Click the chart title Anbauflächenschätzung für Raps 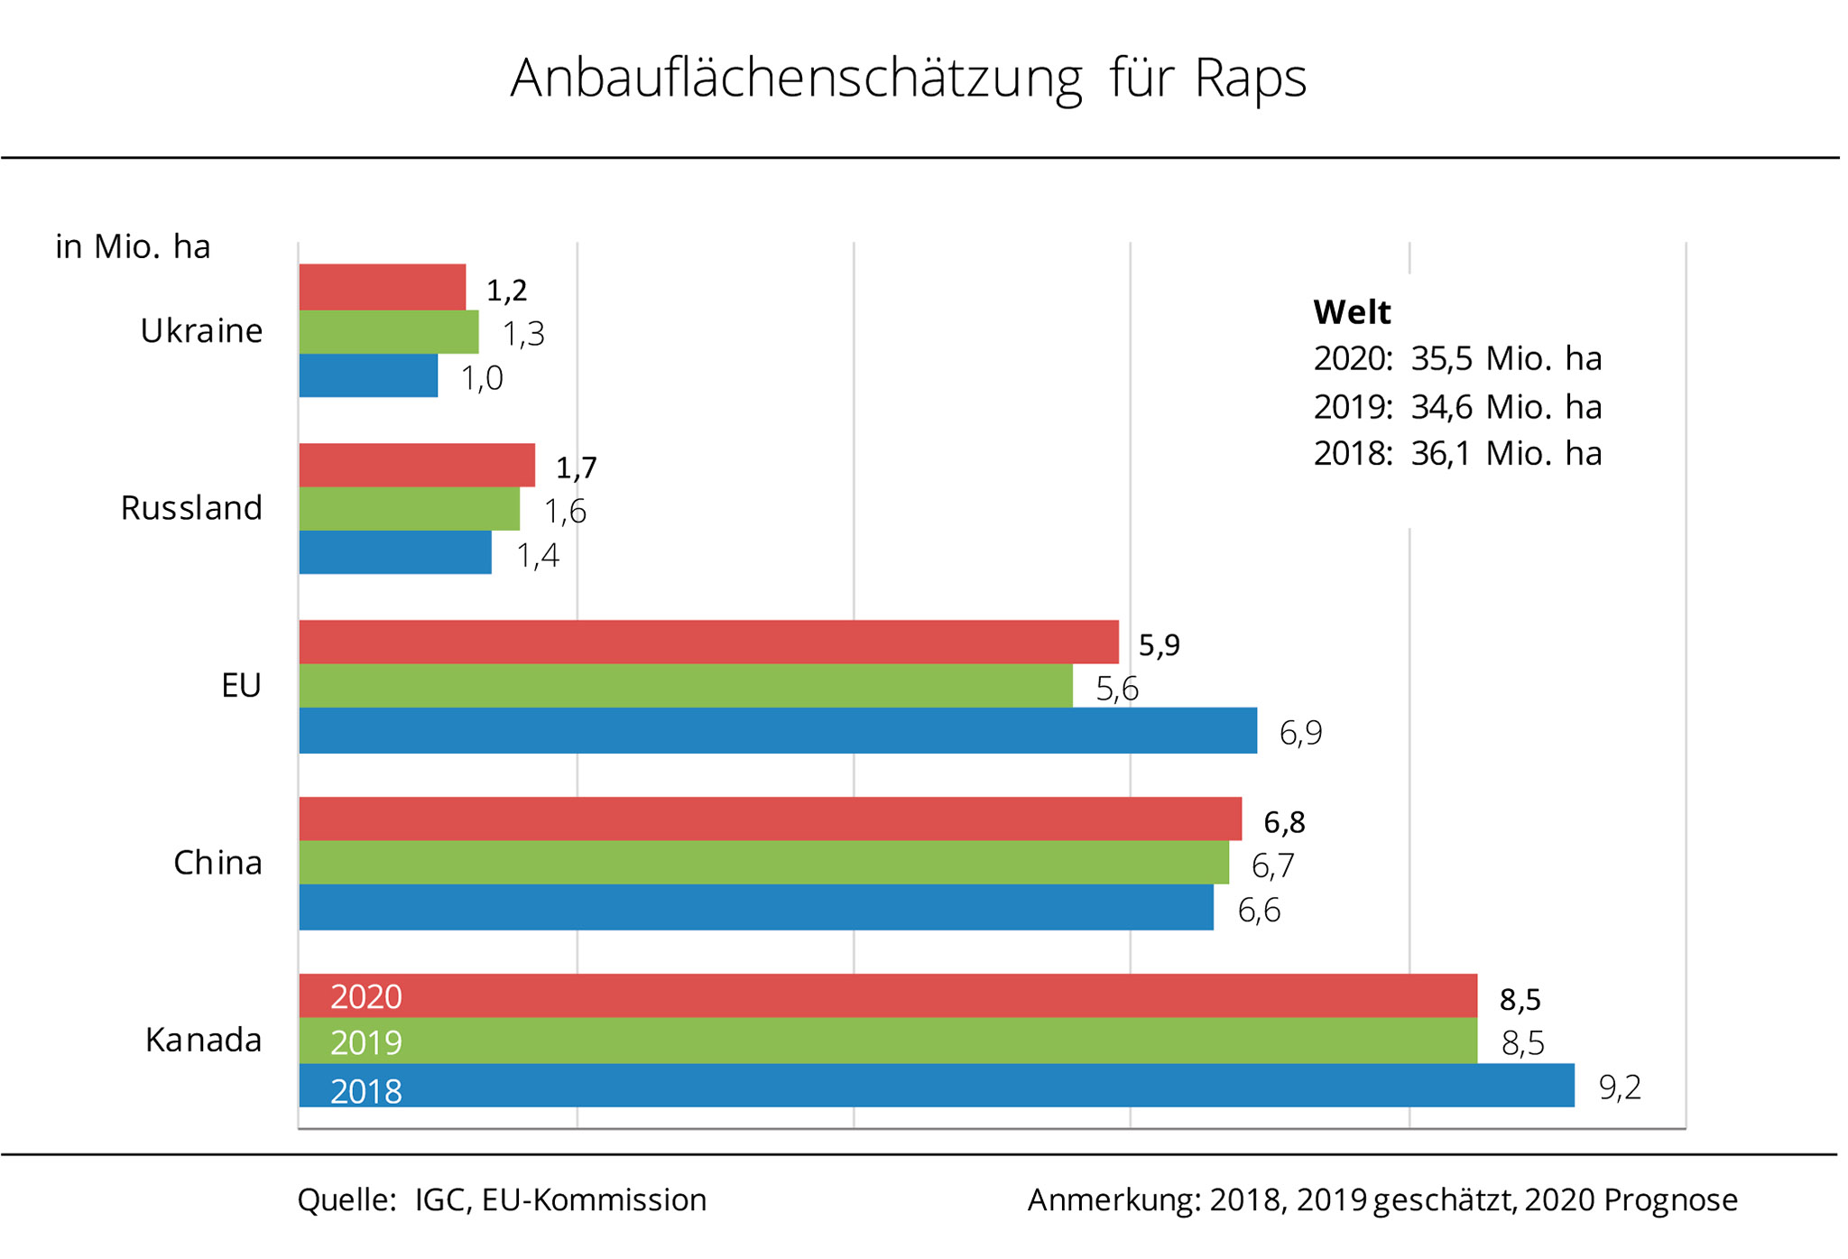(908, 79)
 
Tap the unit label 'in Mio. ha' (133, 246)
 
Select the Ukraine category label (201, 331)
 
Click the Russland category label (191, 508)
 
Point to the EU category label (241, 686)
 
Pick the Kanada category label (203, 1041)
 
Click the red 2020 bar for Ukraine (383, 287)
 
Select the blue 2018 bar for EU (778, 730)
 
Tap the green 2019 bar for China (763, 862)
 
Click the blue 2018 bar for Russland (395, 552)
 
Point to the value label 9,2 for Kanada (1620, 1088)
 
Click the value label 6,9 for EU (1300, 732)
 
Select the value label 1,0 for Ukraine (482, 377)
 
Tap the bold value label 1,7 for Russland (576, 467)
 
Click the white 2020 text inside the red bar (365, 997)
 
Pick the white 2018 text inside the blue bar (365, 1091)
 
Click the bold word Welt (1352, 312)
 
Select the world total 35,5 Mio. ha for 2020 (1505, 358)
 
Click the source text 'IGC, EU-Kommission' (560, 1199)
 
